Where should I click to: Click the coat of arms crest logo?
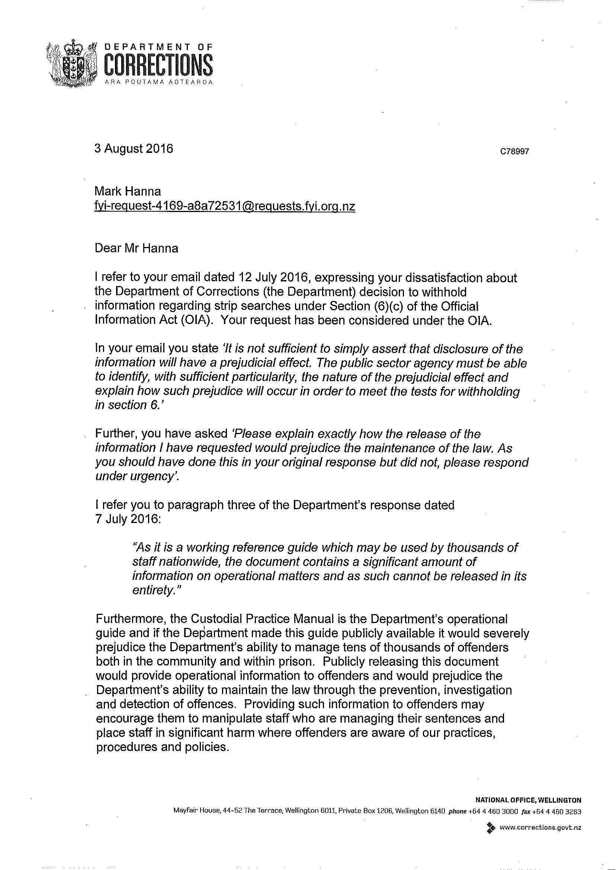coord(72,64)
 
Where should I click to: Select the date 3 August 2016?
coord(134,148)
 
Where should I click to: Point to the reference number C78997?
coord(514,152)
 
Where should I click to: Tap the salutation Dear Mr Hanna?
coord(136,248)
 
